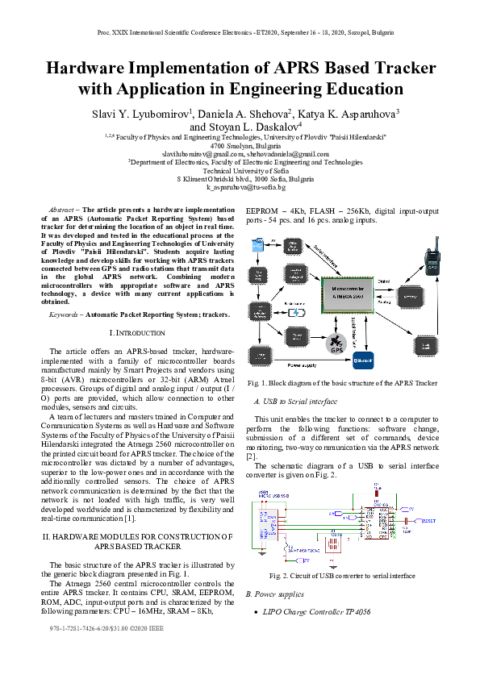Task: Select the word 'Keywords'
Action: [x=65, y=315]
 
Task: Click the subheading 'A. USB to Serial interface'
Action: [x=290, y=401]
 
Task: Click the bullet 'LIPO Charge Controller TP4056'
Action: [x=318, y=612]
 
